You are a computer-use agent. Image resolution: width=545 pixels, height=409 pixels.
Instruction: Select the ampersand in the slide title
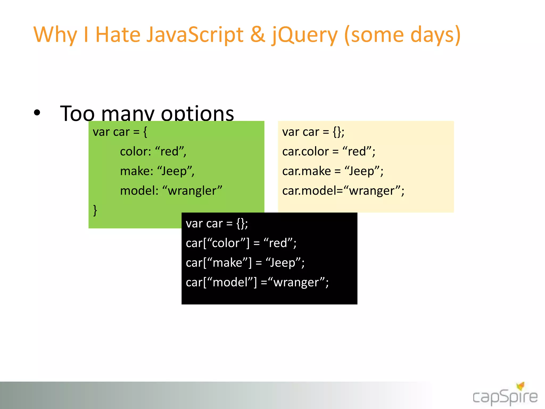coord(257,35)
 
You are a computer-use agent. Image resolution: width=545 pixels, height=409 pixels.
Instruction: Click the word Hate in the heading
coord(118,35)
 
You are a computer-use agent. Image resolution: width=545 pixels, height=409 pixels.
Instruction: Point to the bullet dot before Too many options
coord(37,113)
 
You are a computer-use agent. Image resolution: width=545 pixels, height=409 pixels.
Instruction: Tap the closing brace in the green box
coord(95,210)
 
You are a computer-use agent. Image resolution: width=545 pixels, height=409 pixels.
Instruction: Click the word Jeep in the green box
coord(174,171)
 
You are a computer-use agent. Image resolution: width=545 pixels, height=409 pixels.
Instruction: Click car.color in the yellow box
coord(305,152)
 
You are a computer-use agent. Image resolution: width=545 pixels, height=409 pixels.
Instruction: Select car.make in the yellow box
coord(306,171)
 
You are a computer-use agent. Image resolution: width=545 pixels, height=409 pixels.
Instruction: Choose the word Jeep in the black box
coord(283,263)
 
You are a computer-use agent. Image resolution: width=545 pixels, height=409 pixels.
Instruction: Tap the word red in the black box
coord(278,243)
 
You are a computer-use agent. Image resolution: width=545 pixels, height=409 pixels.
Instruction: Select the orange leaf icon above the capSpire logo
coord(521,386)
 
